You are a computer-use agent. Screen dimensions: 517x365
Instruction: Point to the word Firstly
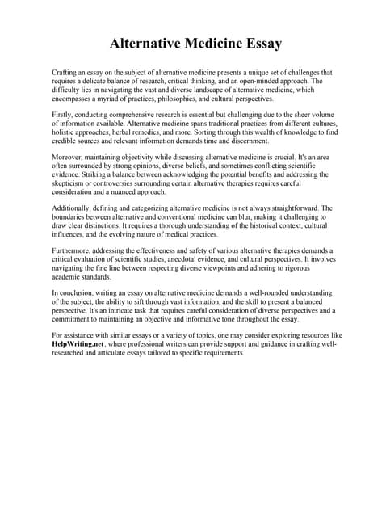tap(63, 116)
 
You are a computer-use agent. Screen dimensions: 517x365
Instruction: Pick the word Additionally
tap(73, 208)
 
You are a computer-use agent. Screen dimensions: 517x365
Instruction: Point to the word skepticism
tap(70, 183)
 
